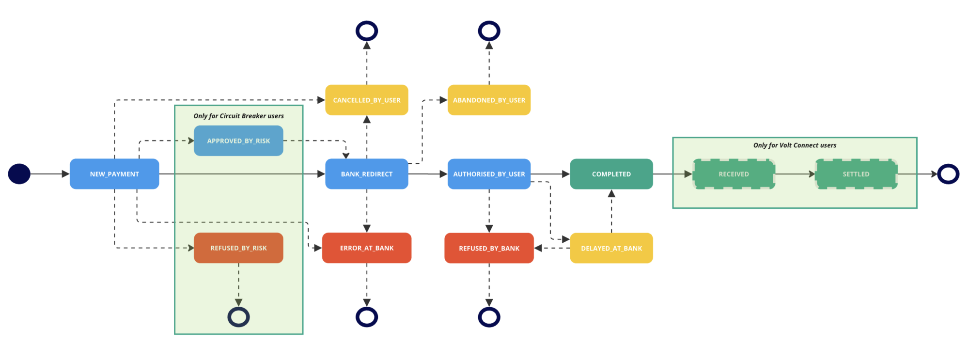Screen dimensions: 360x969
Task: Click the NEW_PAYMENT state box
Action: [x=114, y=174]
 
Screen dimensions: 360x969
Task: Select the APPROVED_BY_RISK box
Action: [x=238, y=141]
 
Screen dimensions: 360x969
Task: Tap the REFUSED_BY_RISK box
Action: [x=238, y=248]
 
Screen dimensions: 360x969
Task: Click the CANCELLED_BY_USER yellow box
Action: [x=367, y=100]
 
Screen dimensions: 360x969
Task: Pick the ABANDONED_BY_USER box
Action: [x=489, y=100]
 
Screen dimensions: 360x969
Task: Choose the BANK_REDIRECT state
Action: [x=367, y=174]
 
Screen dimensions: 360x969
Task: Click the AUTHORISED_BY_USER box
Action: [x=489, y=174]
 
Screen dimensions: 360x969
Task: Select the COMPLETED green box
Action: [x=611, y=174]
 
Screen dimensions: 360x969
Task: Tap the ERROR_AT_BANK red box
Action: [x=367, y=248]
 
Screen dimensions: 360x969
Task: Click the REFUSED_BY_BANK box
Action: [x=489, y=248]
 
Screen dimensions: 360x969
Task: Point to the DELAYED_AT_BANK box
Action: [x=611, y=248]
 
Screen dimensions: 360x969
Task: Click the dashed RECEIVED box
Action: [x=734, y=174]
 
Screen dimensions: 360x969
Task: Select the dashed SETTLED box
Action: [x=856, y=174]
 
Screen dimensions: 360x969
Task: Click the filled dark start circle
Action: [x=19, y=174]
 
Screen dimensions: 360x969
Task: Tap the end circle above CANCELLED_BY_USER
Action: [x=367, y=31]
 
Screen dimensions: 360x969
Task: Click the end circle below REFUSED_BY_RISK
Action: [x=238, y=317]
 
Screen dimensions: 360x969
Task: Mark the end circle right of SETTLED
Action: [x=948, y=174]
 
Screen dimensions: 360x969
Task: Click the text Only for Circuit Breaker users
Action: [x=238, y=116]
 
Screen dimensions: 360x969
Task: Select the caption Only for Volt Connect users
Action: [x=795, y=145]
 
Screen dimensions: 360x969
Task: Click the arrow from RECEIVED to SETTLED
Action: [x=795, y=174]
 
